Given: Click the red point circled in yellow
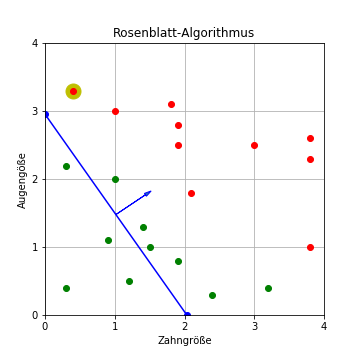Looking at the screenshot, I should [x=73, y=91].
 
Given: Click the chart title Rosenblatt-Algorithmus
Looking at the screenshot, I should [x=183, y=33].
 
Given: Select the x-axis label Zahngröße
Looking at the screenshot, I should [x=185, y=341].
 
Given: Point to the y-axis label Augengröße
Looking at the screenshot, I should [x=22, y=180].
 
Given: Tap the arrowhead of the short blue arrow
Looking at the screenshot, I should [x=150, y=192].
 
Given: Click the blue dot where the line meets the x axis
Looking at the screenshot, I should [x=187, y=315].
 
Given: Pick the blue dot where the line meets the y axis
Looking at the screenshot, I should [x=45, y=114].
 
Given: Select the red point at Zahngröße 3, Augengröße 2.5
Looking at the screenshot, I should [x=254, y=145].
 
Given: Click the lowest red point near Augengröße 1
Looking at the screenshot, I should [x=310, y=247].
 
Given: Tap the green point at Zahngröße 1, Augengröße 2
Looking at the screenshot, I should [x=115, y=179].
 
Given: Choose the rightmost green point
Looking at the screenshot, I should [x=268, y=288].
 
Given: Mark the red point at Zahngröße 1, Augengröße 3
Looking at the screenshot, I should [x=115, y=111].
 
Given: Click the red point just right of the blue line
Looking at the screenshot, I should [x=191, y=193].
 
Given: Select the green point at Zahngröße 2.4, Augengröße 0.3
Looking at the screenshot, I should [x=212, y=295].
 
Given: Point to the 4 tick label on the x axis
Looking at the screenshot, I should [x=324, y=326].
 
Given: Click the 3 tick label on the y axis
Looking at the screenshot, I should [x=35, y=111].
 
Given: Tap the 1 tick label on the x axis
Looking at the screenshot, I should [x=115, y=326].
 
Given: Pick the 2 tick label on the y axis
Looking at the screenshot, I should [x=35, y=179].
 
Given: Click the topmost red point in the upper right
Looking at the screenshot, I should [x=310, y=138].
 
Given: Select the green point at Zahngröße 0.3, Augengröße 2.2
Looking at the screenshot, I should [x=66, y=166].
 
